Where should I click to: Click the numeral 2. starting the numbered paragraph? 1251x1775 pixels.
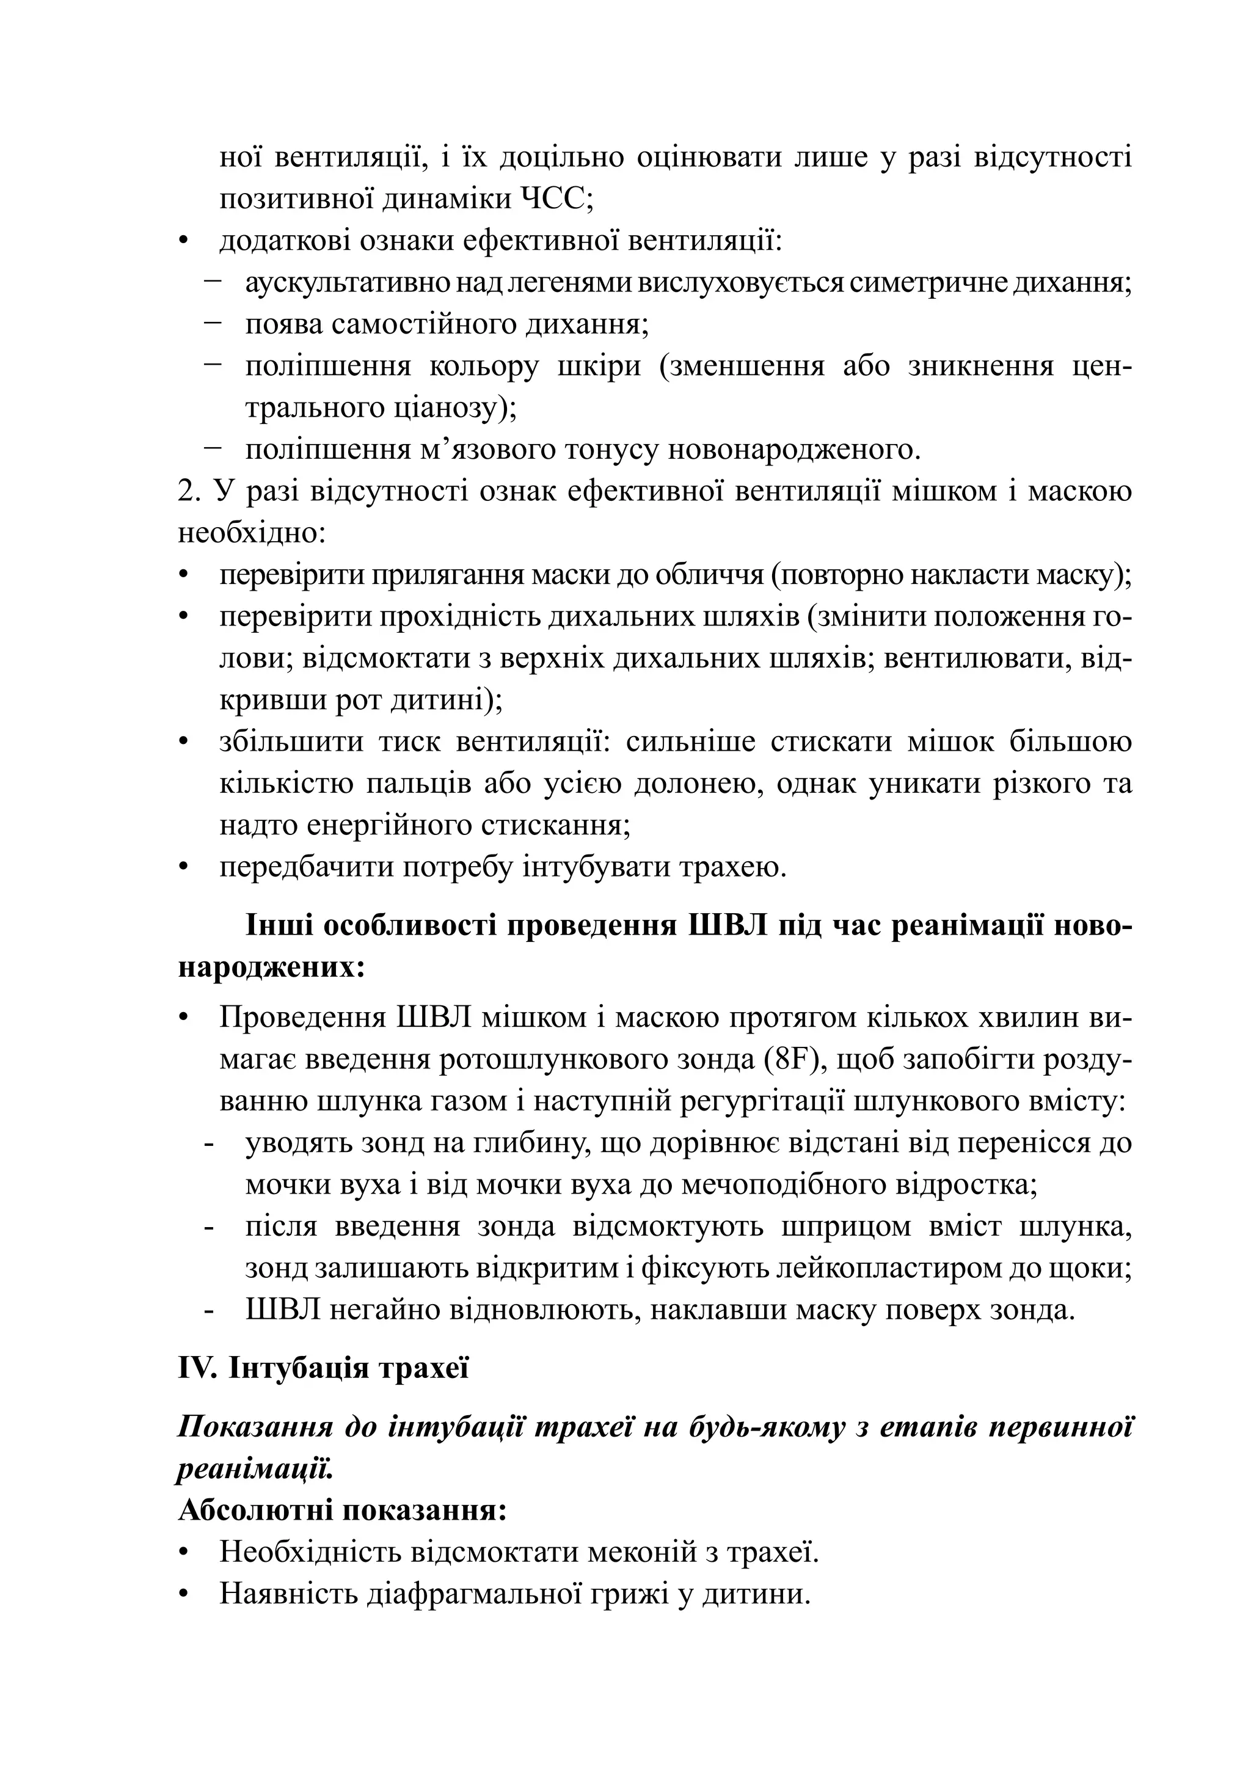[x=189, y=492]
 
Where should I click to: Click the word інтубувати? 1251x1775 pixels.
[x=596, y=867]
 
